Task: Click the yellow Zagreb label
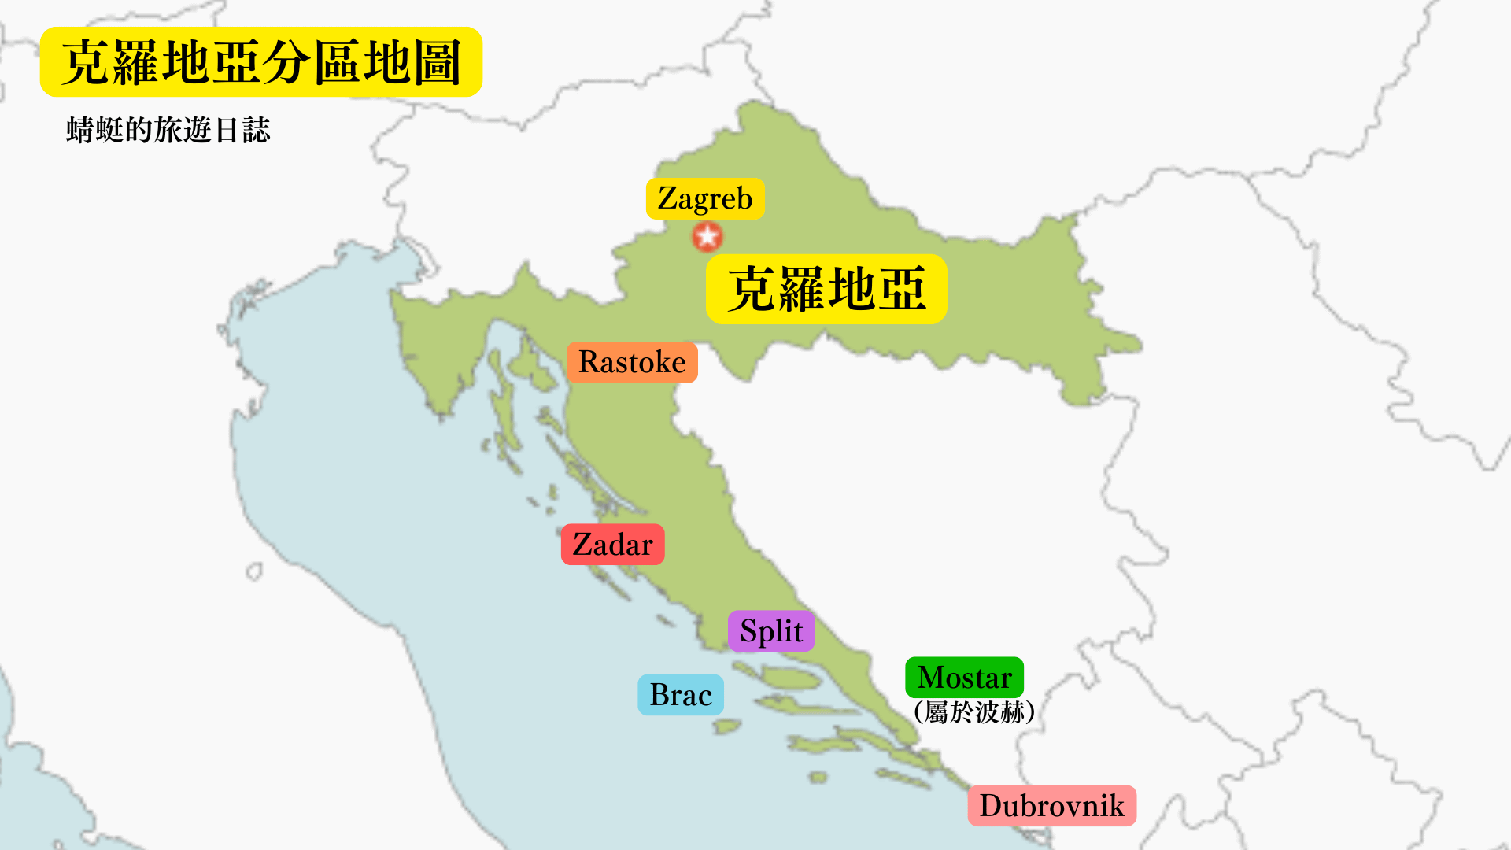coord(704,198)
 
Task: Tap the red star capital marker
coord(707,236)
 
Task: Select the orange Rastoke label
coord(632,362)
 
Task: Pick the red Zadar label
coord(612,545)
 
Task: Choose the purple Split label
coord(770,631)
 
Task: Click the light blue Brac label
coord(681,695)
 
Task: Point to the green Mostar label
coord(964,678)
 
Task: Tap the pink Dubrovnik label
coord(1051,806)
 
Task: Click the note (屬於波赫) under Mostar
coord(974,712)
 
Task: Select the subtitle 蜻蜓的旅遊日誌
coord(168,130)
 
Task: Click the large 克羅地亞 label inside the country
coord(826,289)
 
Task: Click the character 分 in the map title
coord(286,62)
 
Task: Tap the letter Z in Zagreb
coord(667,198)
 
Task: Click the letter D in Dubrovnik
coord(991,806)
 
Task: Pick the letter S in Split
coord(748,631)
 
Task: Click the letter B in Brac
coord(659,695)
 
